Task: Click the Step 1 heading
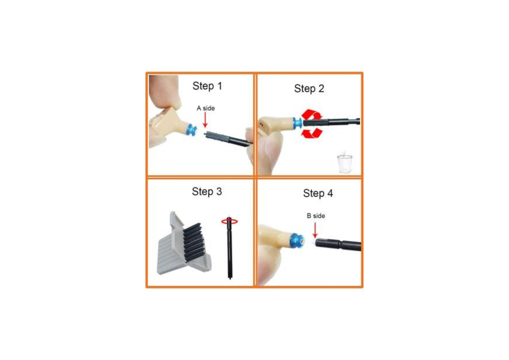pyautogui.click(x=207, y=86)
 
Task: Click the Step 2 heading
pyautogui.click(x=309, y=89)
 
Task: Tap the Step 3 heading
pyautogui.click(x=207, y=192)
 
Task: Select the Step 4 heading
pyautogui.click(x=318, y=193)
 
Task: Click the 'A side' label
pyautogui.click(x=206, y=108)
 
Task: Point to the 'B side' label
pyautogui.click(x=316, y=216)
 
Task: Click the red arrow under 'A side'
pyautogui.click(x=205, y=120)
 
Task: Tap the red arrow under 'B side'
pyautogui.click(x=315, y=230)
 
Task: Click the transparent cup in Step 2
pyautogui.click(x=344, y=164)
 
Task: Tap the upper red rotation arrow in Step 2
pyautogui.click(x=312, y=114)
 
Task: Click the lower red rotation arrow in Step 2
pyautogui.click(x=312, y=133)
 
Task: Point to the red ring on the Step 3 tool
pyautogui.click(x=230, y=221)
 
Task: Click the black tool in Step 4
pyautogui.click(x=339, y=244)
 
